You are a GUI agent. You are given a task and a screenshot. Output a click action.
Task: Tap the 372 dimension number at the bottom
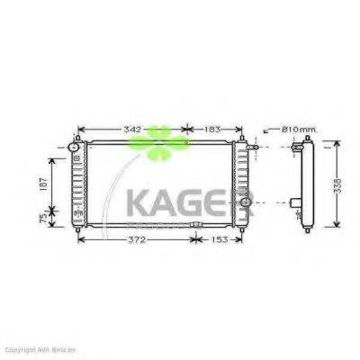(x=135, y=240)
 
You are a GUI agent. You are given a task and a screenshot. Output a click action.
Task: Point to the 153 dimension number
(x=219, y=240)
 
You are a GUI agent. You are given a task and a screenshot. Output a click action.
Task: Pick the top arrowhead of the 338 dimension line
(x=336, y=143)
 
